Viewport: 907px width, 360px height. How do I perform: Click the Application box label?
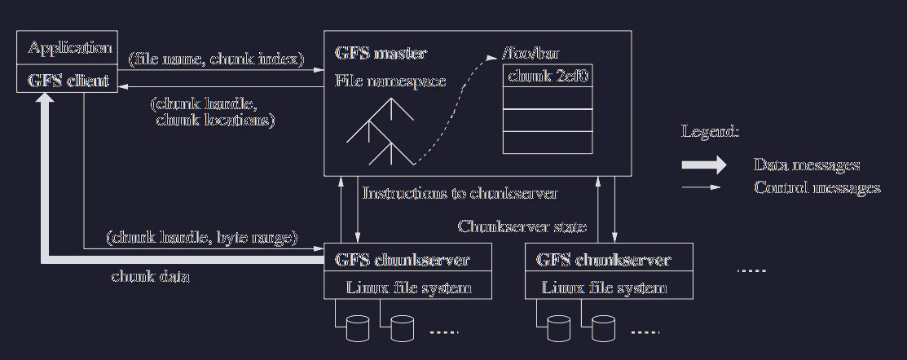click(x=69, y=47)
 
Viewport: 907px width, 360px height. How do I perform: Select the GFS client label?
click(x=68, y=81)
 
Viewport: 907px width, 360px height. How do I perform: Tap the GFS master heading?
click(x=381, y=53)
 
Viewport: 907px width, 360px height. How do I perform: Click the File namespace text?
click(x=390, y=81)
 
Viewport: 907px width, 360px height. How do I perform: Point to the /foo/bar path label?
click(x=531, y=54)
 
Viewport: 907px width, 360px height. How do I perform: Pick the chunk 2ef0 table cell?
click(x=548, y=76)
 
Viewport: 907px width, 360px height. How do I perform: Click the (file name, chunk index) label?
click(x=216, y=59)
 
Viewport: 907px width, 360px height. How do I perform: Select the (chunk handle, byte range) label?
click(x=202, y=238)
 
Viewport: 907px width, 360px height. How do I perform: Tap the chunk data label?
click(x=151, y=276)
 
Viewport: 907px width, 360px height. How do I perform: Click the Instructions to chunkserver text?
click(x=460, y=193)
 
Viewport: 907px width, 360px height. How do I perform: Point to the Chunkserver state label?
click(x=522, y=226)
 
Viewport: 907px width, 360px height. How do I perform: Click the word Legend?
click(x=710, y=132)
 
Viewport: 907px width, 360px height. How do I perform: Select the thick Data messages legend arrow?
click(x=704, y=165)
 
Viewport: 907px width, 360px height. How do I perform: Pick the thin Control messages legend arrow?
click(x=701, y=187)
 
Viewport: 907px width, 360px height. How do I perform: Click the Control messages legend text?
click(x=817, y=188)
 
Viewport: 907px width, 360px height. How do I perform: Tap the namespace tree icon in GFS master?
click(x=380, y=132)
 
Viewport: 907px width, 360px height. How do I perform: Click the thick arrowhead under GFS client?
click(x=46, y=99)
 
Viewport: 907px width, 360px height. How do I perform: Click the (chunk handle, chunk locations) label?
click(x=213, y=112)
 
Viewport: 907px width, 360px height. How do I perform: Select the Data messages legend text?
click(x=807, y=165)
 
